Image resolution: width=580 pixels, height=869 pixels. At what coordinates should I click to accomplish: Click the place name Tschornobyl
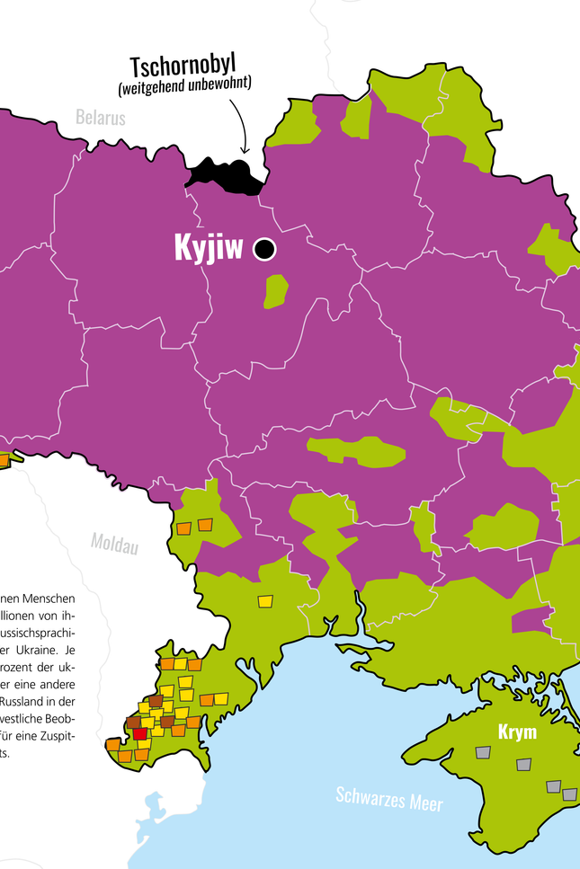click(190, 67)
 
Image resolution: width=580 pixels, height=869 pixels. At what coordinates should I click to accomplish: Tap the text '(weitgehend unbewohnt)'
click(184, 86)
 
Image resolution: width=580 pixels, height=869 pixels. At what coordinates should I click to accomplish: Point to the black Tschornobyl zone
click(225, 175)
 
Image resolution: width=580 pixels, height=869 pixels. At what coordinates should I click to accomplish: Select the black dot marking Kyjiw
click(264, 249)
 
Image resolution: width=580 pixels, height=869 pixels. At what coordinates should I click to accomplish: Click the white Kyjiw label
click(209, 249)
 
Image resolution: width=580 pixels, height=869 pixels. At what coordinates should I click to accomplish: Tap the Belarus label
click(101, 117)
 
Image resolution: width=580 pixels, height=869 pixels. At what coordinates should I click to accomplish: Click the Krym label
click(517, 732)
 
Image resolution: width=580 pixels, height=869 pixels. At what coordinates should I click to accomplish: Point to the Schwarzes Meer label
click(389, 798)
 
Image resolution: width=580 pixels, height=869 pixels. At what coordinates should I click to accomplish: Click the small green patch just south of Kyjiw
click(276, 291)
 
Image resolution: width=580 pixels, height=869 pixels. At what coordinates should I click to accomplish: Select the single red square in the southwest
click(139, 734)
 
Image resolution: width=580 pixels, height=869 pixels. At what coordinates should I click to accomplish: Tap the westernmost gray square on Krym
click(484, 753)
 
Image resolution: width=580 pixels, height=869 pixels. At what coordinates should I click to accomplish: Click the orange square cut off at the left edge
click(4, 460)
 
